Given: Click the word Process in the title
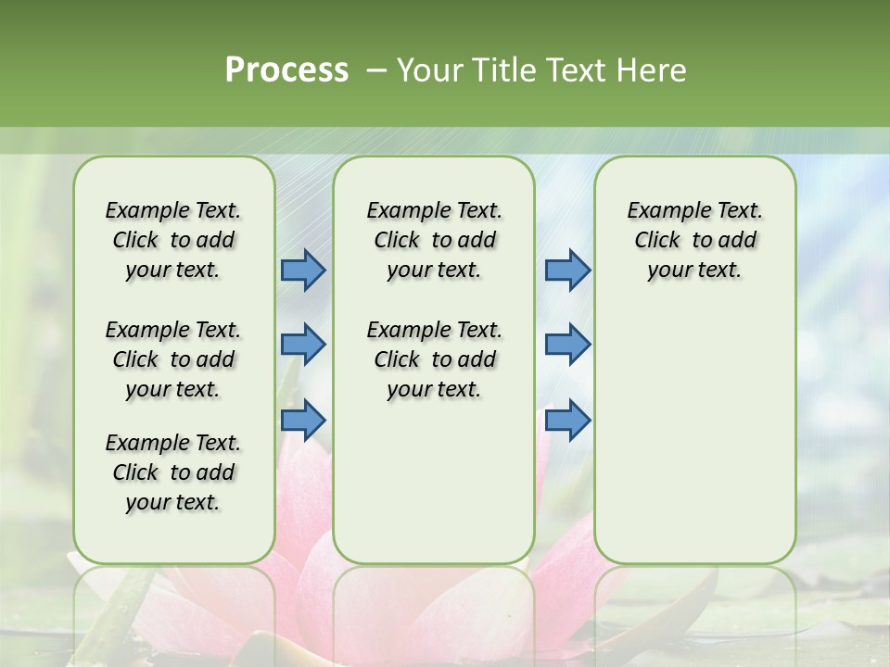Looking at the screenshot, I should (x=286, y=70).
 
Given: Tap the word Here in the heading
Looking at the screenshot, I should (x=653, y=70).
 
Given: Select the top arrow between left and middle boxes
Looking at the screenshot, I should (x=303, y=271).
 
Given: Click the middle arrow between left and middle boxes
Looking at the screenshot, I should (x=303, y=345).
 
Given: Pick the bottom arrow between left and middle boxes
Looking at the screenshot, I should (x=303, y=420).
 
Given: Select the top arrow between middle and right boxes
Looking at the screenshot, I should (x=567, y=271).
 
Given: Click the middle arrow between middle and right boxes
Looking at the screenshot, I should (x=567, y=345).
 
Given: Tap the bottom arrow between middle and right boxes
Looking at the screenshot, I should (x=567, y=420).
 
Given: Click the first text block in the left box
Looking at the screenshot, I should (x=173, y=240).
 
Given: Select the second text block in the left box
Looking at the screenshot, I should (x=173, y=359).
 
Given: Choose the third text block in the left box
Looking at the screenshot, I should (x=173, y=472).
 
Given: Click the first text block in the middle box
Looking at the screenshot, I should (x=434, y=240).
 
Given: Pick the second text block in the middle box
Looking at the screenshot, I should (x=434, y=359).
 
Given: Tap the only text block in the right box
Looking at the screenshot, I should (x=694, y=240).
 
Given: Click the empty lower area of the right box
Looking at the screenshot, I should (x=694, y=435).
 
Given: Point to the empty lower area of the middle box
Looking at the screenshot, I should (x=434, y=482).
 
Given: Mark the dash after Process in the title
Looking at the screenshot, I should (x=375, y=70).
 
